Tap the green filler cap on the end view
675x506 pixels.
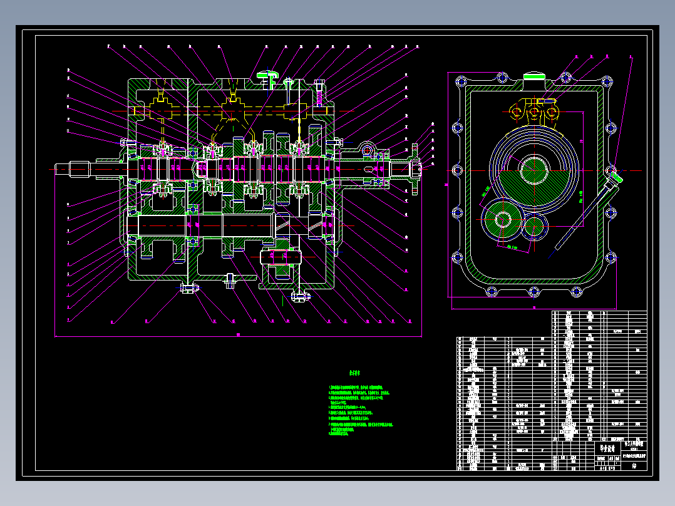pyautogui.click(x=535, y=76)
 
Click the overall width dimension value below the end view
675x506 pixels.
pyautogui.click(x=534, y=307)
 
